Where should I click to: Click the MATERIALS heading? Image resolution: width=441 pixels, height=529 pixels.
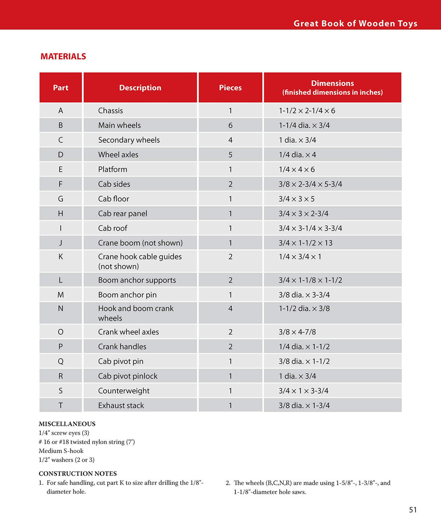click(x=63, y=57)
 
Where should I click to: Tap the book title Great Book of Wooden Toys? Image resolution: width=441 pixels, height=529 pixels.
click(x=355, y=24)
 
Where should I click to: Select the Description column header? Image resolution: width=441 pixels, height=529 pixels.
click(x=140, y=88)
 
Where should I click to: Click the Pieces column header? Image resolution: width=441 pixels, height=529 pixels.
click(x=230, y=88)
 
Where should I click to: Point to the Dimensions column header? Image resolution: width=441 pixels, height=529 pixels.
click(x=332, y=88)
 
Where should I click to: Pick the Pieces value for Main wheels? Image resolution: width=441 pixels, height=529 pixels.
click(x=230, y=125)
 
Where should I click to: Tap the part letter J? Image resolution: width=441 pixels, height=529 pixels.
click(x=61, y=243)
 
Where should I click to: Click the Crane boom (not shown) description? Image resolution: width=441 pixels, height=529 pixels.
click(x=140, y=243)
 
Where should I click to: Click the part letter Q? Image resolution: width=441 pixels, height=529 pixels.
click(x=61, y=361)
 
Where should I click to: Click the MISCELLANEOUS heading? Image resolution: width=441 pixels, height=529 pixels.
click(x=67, y=424)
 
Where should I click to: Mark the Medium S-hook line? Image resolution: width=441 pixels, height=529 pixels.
click(x=61, y=451)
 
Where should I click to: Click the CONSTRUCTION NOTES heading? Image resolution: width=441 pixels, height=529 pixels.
click(x=78, y=473)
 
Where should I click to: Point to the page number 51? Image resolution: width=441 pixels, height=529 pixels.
click(x=413, y=510)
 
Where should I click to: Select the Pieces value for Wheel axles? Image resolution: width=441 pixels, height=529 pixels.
click(x=230, y=155)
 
